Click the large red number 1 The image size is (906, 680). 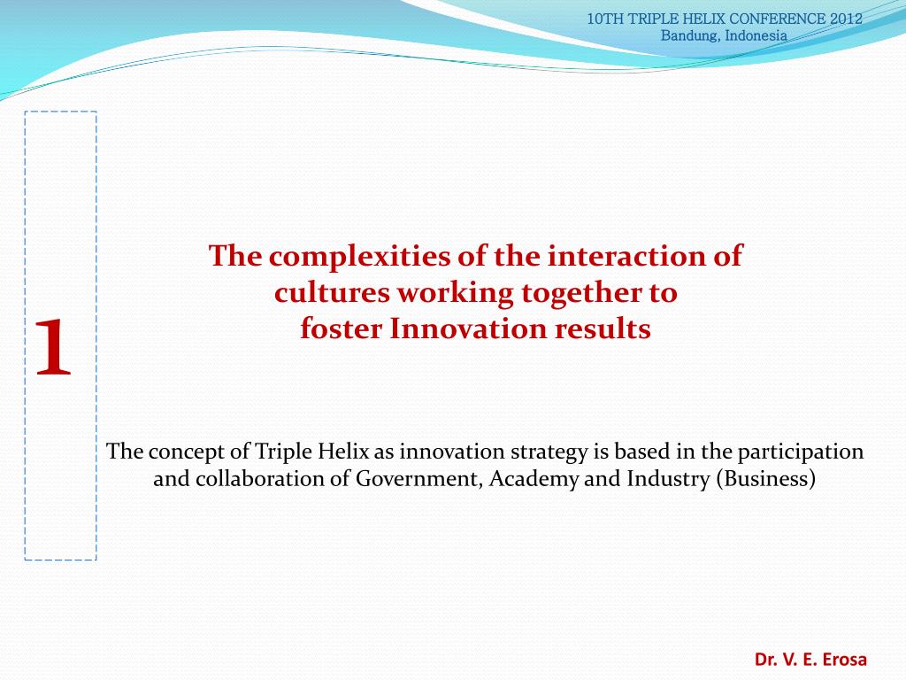click(53, 347)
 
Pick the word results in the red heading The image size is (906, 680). click(603, 329)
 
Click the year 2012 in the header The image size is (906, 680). click(847, 19)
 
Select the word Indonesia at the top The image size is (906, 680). click(756, 35)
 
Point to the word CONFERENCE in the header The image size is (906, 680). click(779, 19)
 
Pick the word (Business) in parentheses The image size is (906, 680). click(766, 480)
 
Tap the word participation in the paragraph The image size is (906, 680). click(801, 452)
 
